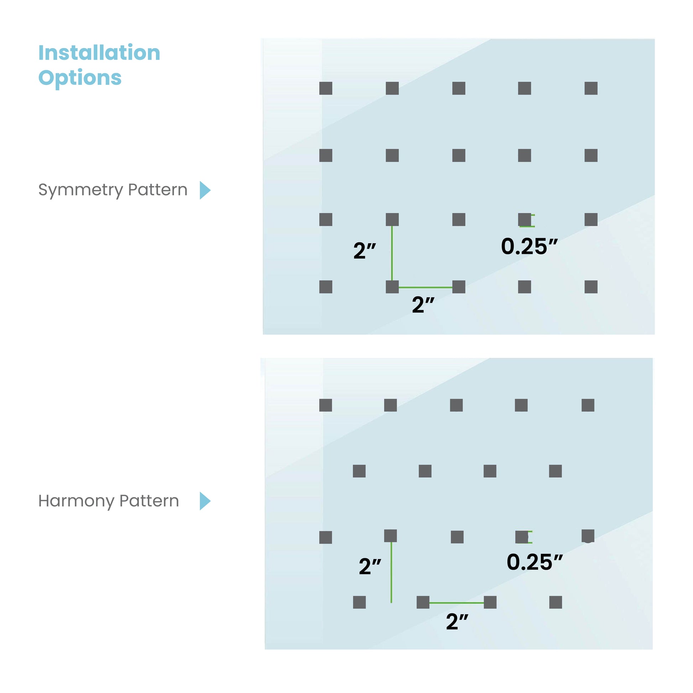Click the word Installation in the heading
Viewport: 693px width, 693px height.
click(x=99, y=53)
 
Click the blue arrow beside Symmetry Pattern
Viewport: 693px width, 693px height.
click(x=205, y=190)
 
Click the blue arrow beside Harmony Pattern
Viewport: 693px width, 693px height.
click(x=205, y=501)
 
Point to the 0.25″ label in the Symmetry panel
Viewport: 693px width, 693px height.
click(x=530, y=247)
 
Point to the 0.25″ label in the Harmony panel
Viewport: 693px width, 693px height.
click(x=535, y=562)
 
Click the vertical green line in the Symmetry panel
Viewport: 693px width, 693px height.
click(x=392, y=253)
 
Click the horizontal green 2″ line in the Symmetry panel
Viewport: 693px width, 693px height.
click(x=426, y=287)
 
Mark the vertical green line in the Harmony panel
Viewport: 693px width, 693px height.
click(x=391, y=573)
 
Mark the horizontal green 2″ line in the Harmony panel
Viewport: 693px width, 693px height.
click(x=457, y=603)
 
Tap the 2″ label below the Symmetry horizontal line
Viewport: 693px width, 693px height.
click(x=423, y=305)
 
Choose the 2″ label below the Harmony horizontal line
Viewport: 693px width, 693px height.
click(x=457, y=622)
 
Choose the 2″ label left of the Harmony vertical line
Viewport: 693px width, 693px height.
click(x=370, y=566)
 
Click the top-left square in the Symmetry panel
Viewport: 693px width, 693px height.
click(x=326, y=88)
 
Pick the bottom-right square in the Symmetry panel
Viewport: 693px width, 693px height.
click(x=591, y=287)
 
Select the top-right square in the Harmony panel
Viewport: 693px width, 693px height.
click(x=588, y=405)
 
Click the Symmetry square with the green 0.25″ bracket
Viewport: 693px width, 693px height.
click(x=525, y=219)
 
